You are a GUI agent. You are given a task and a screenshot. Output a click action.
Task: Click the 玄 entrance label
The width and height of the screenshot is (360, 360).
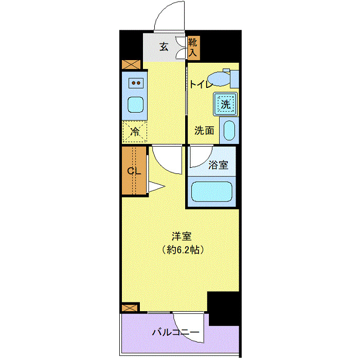pyautogui.click(x=164, y=47)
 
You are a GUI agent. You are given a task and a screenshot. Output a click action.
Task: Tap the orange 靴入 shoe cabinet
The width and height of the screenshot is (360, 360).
pyautogui.click(x=193, y=47)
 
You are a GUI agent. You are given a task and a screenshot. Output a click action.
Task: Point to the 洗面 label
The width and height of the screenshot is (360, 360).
pyautogui.click(x=204, y=131)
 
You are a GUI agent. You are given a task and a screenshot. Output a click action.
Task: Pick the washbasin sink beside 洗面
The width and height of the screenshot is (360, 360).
pyautogui.click(x=229, y=131)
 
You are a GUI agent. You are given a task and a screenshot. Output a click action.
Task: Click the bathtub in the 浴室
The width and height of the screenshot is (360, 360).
pyautogui.click(x=212, y=192)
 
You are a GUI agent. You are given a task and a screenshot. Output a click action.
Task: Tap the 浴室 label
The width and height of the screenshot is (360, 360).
pyautogui.click(x=218, y=165)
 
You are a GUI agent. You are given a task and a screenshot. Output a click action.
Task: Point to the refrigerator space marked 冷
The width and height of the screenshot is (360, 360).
pyautogui.click(x=135, y=131)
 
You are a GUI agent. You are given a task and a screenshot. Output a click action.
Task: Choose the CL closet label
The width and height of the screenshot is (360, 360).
pyautogui.click(x=134, y=171)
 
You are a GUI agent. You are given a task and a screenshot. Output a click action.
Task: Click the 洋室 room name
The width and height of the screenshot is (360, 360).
pyautogui.click(x=182, y=237)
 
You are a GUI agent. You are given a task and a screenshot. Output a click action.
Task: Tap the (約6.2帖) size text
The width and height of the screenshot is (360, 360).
pyautogui.click(x=181, y=250)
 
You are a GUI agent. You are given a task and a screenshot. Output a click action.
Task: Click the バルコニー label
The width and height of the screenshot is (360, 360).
pyautogui.click(x=175, y=333)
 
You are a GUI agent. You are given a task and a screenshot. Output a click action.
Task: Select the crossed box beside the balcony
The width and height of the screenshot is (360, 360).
pyautogui.click(x=130, y=308)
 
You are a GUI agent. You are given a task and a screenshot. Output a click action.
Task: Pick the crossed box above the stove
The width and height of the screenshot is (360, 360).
pyautogui.click(x=131, y=65)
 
